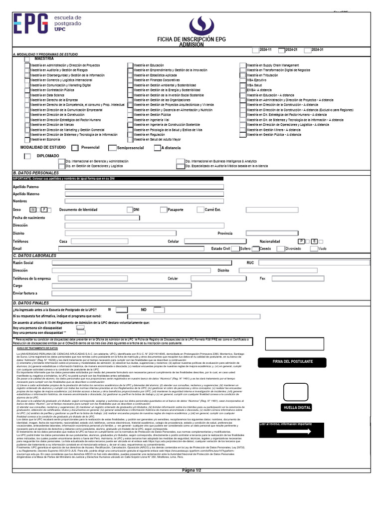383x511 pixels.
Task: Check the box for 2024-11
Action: click(255, 50)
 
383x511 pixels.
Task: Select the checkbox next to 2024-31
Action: click(307, 50)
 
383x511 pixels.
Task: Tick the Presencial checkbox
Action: click(75, 148)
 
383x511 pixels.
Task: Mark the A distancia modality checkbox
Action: click(157, 148)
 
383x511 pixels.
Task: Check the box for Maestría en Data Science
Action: click(27, 95)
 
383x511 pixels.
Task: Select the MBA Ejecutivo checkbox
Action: click(243, 80)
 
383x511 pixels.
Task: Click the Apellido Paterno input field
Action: click(145, 187)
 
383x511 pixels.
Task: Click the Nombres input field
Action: click(145, 201)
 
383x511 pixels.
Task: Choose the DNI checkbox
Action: click(130, 210)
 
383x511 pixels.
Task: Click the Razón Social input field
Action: click(148, 262)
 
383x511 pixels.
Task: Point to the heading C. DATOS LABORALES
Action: click(34, 255)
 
